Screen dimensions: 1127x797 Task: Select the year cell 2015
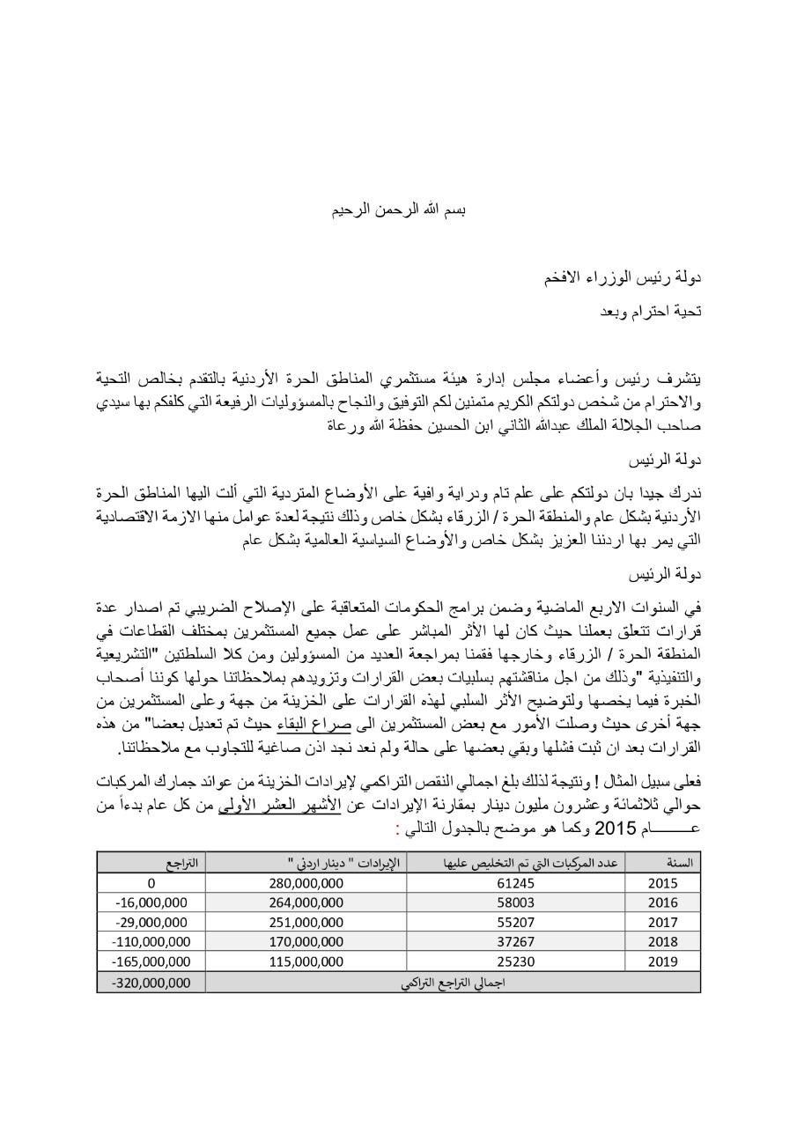click(662, 883)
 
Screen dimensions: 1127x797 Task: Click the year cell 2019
click(662, 961)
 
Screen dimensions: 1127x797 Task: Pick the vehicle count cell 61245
click(515, 883)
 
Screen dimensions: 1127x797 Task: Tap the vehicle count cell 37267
click(515, 941)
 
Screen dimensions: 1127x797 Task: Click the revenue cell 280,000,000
click(304, 883)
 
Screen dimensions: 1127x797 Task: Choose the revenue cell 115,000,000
click(304, 961)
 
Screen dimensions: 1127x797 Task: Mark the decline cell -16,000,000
click(151, 902)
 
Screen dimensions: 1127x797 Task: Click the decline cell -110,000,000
click(151, 941)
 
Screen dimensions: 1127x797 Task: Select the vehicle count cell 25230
click(515, 961)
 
